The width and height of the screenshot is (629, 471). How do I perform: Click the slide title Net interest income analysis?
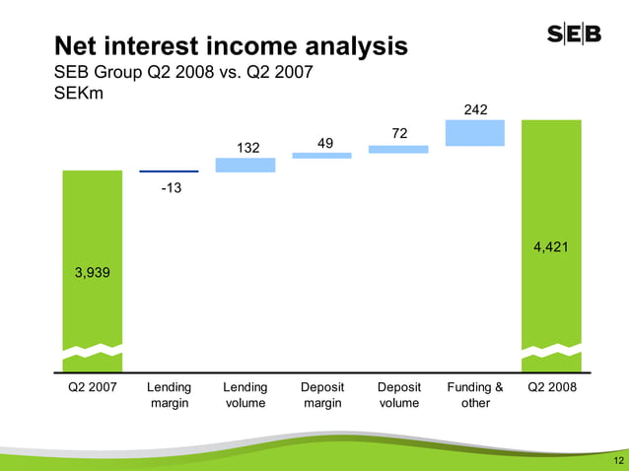230,45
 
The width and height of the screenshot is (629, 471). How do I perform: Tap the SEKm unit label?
81,95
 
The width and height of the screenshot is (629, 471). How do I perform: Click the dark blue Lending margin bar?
169,171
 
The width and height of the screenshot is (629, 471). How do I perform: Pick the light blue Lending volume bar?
245,166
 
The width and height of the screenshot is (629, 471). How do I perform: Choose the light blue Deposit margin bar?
322,155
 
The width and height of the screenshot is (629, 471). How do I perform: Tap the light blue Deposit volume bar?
398,149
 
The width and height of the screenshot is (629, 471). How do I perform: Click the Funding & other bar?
475,133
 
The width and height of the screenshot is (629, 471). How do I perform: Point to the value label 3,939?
93,274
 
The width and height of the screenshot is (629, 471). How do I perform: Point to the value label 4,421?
551,247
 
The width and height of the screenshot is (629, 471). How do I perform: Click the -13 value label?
171,188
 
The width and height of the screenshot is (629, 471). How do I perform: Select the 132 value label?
247,147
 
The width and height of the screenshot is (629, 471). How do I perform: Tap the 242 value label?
475,109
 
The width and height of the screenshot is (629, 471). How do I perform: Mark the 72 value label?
398,132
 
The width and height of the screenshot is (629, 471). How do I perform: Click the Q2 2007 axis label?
93,387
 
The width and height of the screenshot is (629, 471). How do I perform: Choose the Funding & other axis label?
475,395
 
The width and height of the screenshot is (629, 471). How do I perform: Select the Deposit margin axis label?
322,395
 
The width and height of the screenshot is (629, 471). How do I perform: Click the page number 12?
616,461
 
